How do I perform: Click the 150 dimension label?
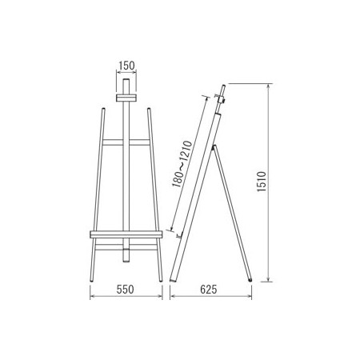(x=126, y=66)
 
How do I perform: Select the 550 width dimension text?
(x=125, y=290)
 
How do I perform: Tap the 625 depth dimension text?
(x=209, y=290)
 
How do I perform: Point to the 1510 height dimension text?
(x=262, y=182)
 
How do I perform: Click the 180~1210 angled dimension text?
(x=182, y=164)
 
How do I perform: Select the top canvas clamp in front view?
(x=126, y=98)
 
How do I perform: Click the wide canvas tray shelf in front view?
(x=126, y=234)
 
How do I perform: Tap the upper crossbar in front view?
(x=126, y=142)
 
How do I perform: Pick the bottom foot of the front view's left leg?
(x=92, y=280)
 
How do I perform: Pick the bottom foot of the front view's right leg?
(x=161, y=280)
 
